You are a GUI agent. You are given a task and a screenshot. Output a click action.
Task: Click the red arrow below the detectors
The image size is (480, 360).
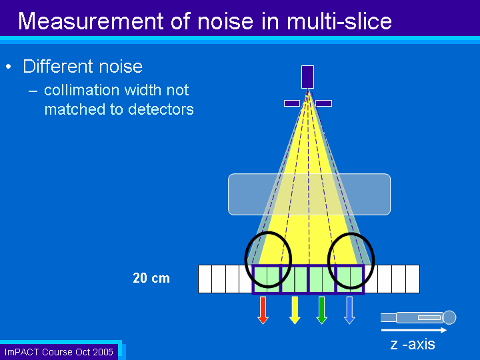[263, 310]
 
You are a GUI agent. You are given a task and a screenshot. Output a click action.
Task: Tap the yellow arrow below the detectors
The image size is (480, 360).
[295, 310]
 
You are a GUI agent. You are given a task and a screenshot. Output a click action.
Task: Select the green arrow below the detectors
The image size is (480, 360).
[321, 310]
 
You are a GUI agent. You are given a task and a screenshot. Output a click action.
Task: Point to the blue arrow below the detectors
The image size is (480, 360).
[349, 310]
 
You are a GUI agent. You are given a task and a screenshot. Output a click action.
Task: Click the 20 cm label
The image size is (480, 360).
[151, 278]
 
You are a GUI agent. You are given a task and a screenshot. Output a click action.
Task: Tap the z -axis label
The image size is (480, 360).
[413, 344]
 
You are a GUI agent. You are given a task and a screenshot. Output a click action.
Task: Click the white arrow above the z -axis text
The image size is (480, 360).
[414, 330]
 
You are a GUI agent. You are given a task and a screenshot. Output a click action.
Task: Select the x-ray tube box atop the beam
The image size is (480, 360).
[307, 77]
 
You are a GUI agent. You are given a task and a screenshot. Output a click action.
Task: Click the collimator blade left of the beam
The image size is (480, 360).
[292, 103]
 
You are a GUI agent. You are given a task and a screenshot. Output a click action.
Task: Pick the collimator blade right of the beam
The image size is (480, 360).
[323, 103]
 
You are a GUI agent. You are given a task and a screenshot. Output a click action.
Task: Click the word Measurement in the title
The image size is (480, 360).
[91, 21]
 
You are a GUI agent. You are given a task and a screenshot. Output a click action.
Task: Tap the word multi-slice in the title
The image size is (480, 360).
[339, 21]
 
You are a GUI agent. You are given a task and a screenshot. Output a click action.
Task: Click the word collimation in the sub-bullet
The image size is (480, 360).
[82, 90]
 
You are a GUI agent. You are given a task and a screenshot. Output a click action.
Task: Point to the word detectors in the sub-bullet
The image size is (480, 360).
[161, 109]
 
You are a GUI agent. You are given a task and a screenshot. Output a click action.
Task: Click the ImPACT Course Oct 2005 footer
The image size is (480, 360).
[59, 352]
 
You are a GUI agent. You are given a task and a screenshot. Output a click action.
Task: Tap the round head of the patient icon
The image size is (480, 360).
[449, 317]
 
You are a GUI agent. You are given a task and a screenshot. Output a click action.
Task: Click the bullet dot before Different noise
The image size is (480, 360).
[9, 67]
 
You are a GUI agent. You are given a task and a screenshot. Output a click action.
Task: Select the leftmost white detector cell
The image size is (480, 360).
[205, 279]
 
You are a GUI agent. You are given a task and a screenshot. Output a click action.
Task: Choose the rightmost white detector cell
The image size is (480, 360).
[413, 279]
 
